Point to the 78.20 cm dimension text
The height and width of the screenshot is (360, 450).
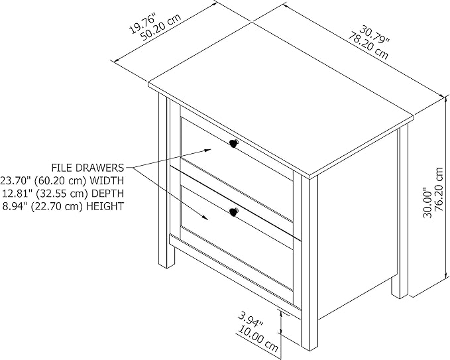(368, 45)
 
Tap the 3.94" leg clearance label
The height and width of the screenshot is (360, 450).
(251, 320)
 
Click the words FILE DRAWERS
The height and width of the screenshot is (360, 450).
(88, 167)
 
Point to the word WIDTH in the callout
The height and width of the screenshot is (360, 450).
(107, 180)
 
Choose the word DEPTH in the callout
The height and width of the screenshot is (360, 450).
(107, 193)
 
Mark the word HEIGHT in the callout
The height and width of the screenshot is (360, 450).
(105, 206)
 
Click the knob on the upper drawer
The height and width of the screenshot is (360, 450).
(233, 143)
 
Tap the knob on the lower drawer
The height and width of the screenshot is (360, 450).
(234, 212)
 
